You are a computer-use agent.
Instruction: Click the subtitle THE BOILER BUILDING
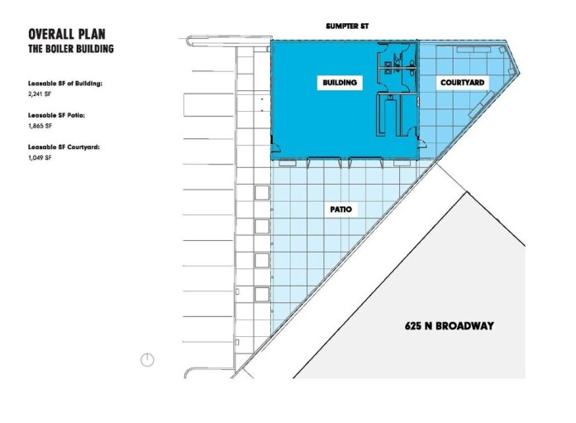[x=71, y=49]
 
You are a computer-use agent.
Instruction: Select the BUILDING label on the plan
[x=339, y=83]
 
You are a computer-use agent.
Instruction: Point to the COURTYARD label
[x=462, y=83]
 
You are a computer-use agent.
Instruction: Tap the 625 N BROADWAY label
[x=450, y=325]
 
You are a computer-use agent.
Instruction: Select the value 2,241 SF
[x=40, y=95]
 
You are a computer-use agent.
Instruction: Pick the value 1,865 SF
[x=40, y=126]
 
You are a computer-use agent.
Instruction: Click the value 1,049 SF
[x=40, y=156]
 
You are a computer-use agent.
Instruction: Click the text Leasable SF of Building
[x=65, y=84]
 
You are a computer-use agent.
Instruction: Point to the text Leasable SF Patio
[x=56, y=115]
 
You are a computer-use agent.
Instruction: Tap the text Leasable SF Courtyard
[x=64, y=147]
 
